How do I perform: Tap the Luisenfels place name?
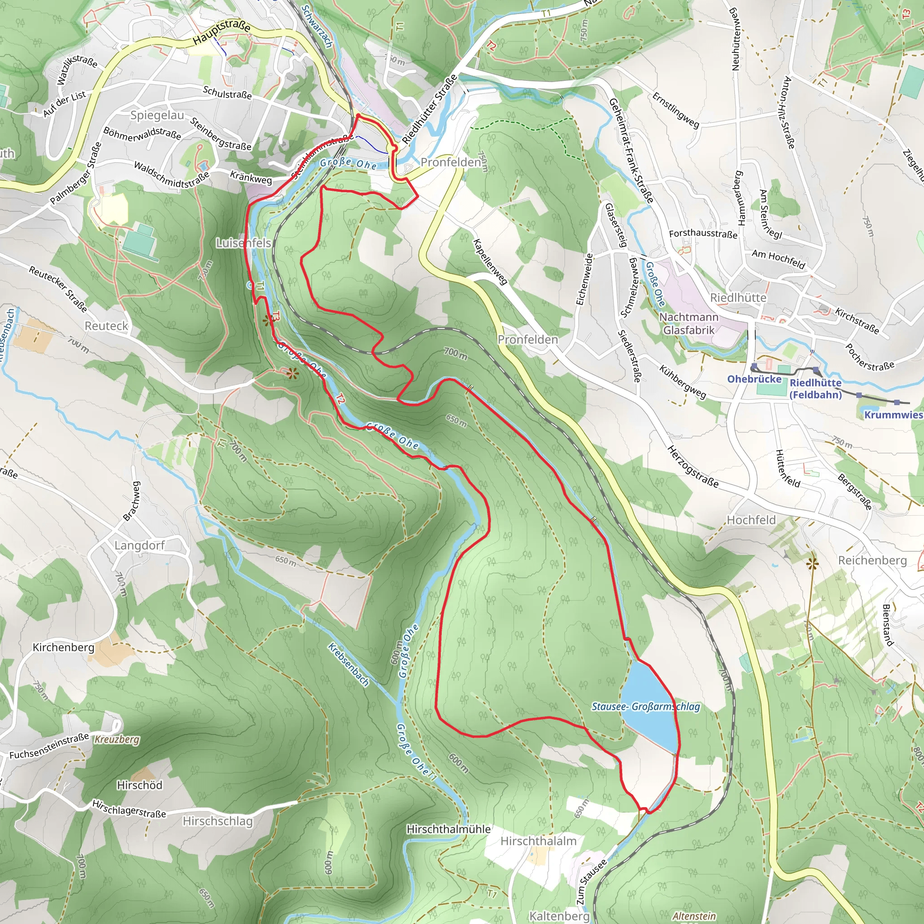click(x=244, y=243)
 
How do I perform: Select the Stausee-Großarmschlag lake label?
click(x=646, y=707)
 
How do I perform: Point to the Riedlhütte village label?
click(x=738, y=297)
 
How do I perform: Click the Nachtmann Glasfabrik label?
click(x=688, y=323)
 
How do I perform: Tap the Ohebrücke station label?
click(x=754, y=379)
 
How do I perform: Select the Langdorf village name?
click(x=139, y=545)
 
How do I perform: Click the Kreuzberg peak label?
click(x=117, y=739)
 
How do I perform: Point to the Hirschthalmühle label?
click(x=448, y=829)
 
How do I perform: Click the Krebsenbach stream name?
click(x=349, y=665)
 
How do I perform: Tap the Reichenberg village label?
click(x=873, y=560)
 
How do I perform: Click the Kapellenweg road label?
click(x=490, y=262)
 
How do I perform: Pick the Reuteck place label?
click(x=106, y=326)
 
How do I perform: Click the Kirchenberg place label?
click(x=63, y=647)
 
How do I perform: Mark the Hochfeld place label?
click(x=751, y=520)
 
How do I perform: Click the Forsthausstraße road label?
click(x=702, y=233)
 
